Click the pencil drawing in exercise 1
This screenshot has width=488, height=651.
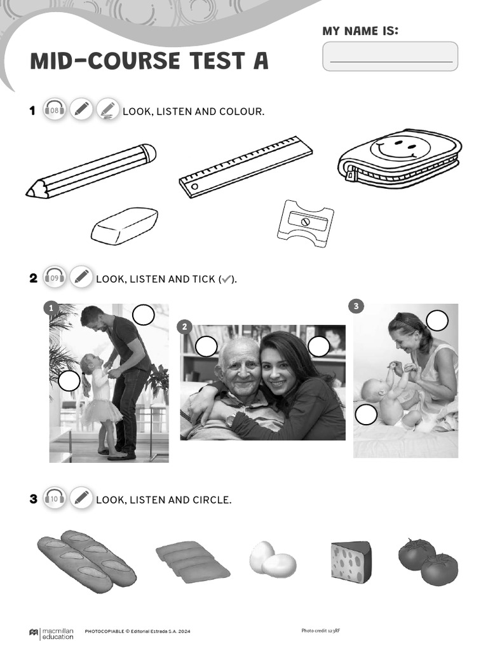point(91,172)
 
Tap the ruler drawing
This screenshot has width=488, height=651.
point(246,167)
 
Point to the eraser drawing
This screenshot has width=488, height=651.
point(125,226)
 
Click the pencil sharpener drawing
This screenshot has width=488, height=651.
point(306,223)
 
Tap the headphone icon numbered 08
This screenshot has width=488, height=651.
point(55,111)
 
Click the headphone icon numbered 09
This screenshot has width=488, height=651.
point(55,278)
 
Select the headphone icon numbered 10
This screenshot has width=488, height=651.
point(55,498)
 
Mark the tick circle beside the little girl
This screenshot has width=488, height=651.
point(69,381)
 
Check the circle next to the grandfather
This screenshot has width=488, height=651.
point(207,346)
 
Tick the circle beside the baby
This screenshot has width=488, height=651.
point(366,415)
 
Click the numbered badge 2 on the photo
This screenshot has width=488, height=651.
point(185,327)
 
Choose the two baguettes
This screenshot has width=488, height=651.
point(86,561)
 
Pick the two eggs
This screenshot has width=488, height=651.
point(273,559)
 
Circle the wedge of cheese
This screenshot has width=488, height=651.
point(351,560)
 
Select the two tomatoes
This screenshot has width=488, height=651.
point(428,562)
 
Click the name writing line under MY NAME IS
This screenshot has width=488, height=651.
point(391,62)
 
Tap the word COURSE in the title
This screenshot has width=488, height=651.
point(135,60)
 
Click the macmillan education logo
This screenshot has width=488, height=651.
point(51,633)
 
